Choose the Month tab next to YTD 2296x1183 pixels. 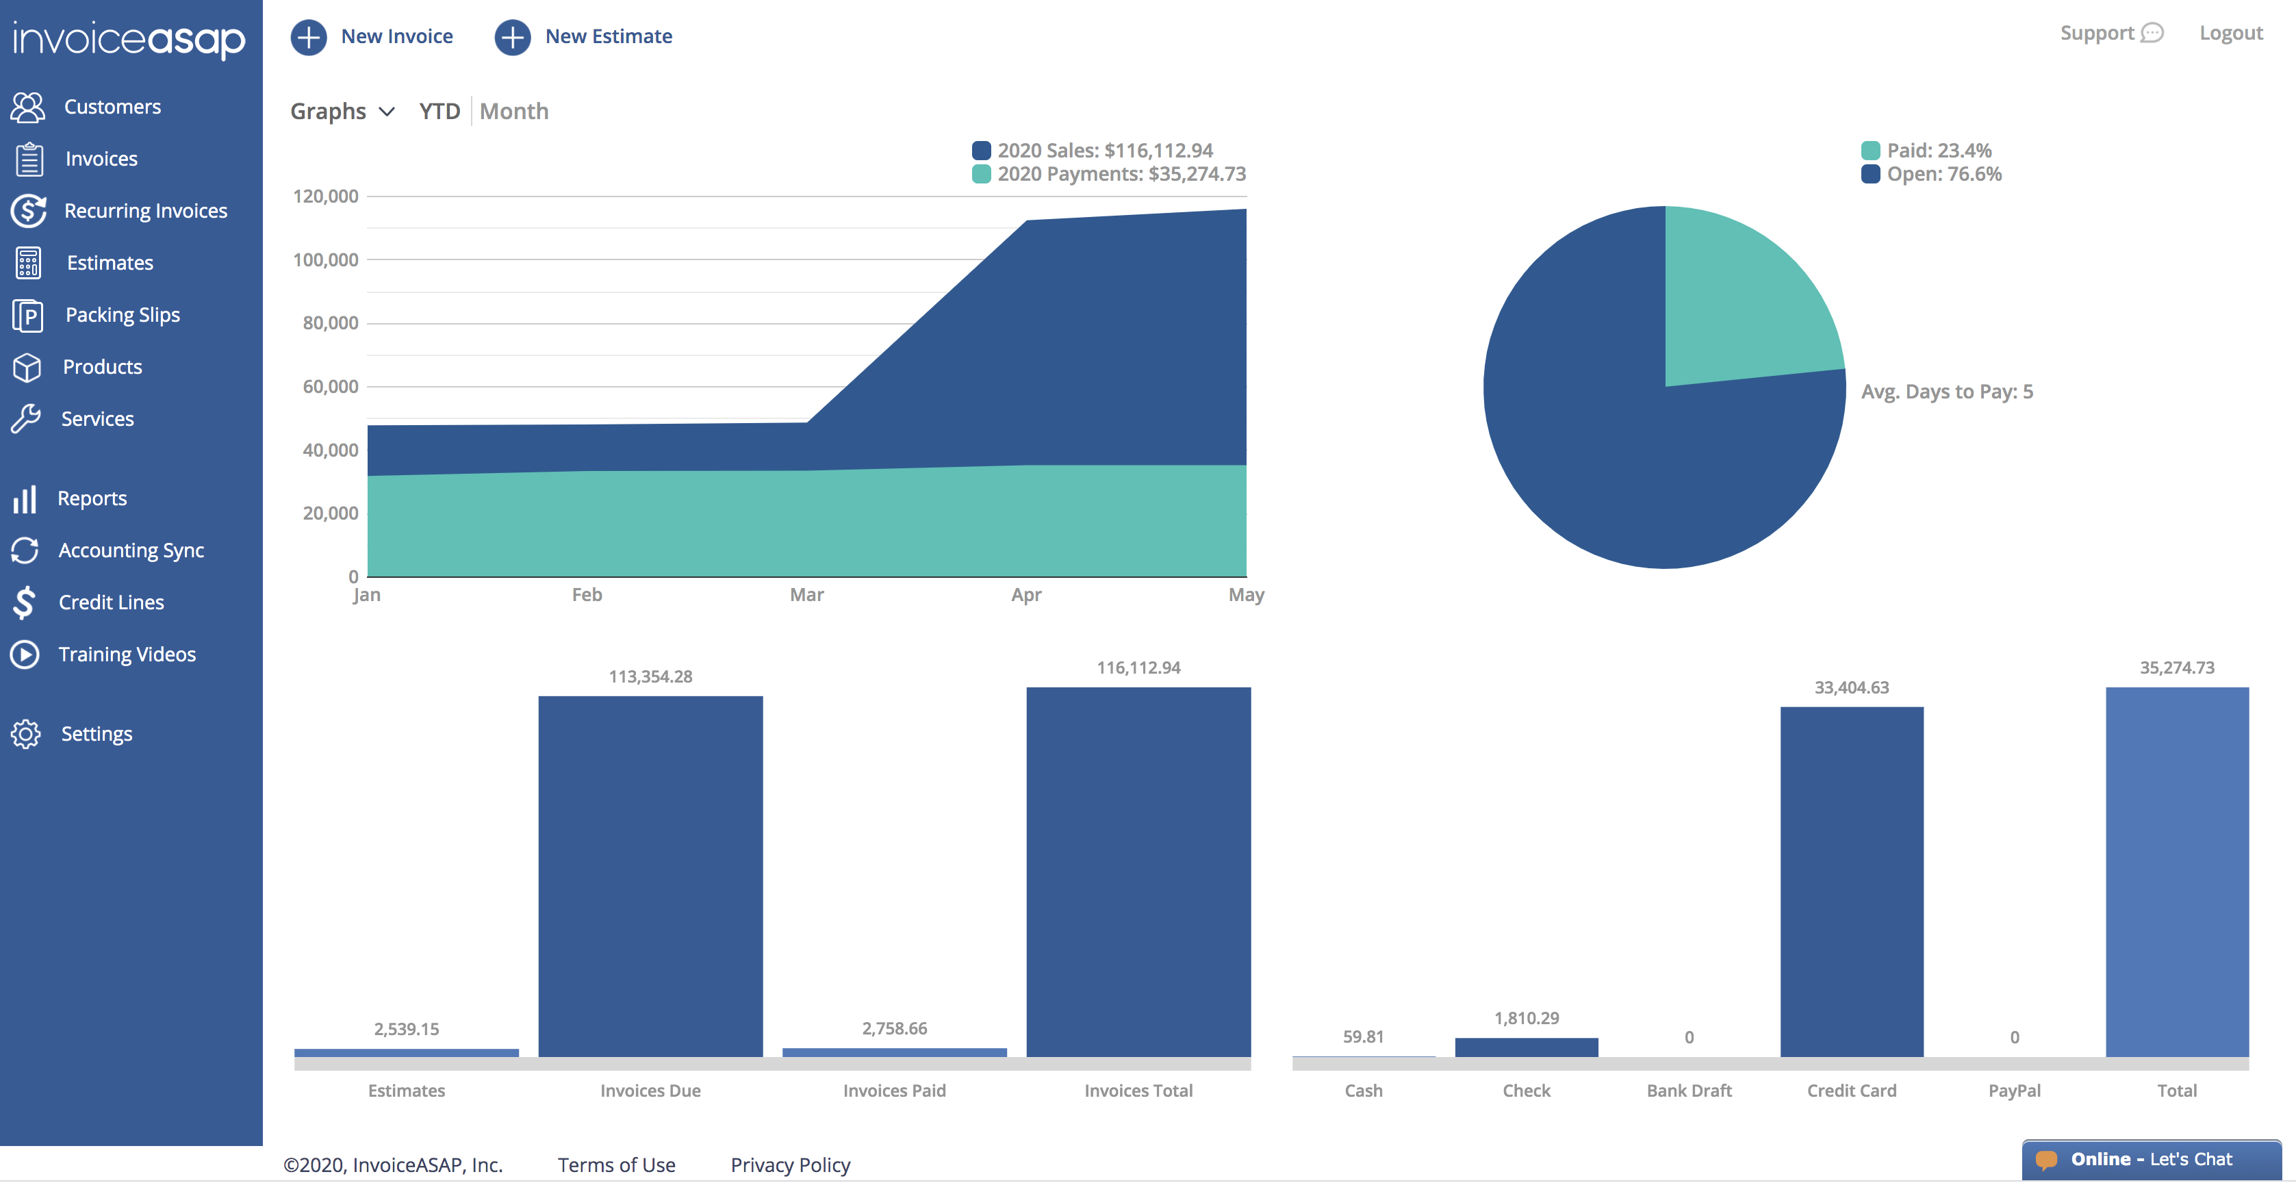coord(514,112)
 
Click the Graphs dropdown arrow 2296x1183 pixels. coord(387,112)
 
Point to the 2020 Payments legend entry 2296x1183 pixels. coord(1109,174)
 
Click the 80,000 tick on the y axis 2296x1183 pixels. coord(331,322)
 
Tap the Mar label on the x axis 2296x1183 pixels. coord(806,595)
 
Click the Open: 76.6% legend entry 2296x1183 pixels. coord(1931,174)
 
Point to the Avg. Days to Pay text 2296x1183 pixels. coord(1948,392)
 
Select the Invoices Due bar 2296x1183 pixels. coord(650,876)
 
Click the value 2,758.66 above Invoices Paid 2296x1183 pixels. coord(895,1029)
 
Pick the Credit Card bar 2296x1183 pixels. coord(1852,882)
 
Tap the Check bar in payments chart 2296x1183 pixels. coord(1527,1047)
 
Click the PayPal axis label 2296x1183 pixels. coord(2015,1091)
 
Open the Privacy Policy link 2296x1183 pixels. coord(791,1165)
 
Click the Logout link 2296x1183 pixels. coord(2231,34)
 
